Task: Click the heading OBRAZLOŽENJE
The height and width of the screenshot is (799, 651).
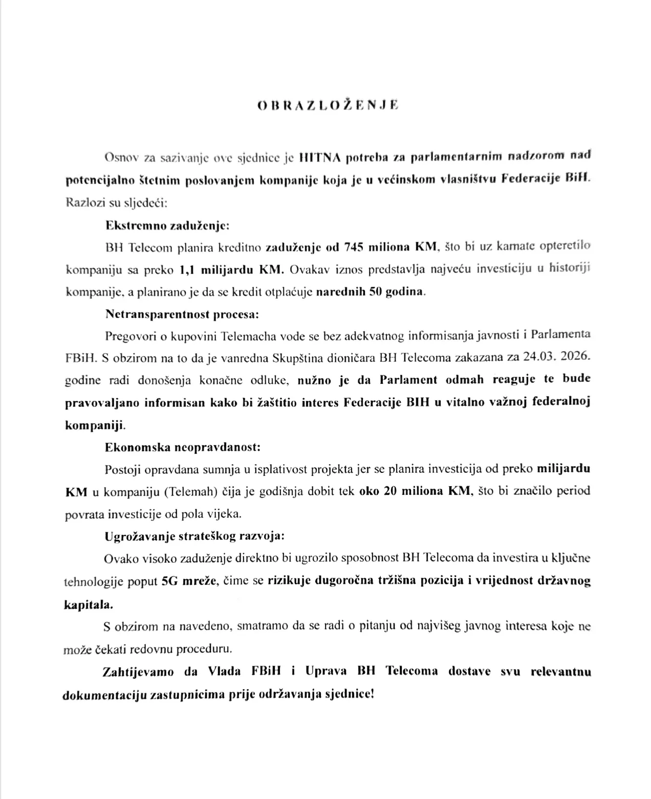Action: pyautogui.click(x=328, y=105)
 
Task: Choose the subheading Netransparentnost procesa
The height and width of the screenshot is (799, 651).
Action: pyautogui.click(x=182, y=314)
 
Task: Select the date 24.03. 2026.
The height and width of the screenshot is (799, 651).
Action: pyautogui.click(x=557, y=357)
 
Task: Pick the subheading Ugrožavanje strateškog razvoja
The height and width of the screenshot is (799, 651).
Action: pyautogui.click(x=194, y=536)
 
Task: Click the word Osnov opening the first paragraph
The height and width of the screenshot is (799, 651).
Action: pyautogui.click(x=118, y=158)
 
